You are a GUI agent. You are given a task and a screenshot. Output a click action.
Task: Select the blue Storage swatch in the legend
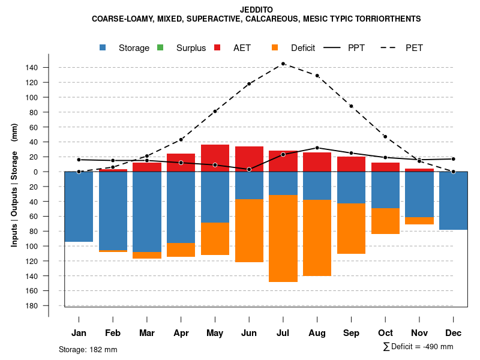(x=103, y=47)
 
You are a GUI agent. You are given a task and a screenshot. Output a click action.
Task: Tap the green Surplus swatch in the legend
(x=160, y=47)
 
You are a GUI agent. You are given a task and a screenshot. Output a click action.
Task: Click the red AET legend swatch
(x=218, y=47)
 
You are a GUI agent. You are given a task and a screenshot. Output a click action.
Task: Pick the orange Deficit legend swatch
(x=275, y=47)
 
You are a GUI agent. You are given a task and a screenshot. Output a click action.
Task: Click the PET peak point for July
(x=283, y=64)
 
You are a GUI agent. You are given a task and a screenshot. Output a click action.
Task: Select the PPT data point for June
(x=249, y=169)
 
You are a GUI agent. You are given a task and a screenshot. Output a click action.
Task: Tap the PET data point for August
(x=317, y=76)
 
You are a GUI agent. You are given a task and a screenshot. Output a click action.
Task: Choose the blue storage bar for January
(x=79, y=206)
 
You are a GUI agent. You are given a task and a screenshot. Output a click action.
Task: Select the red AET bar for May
(x=215, y=158)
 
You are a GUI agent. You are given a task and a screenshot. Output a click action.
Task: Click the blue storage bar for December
(x=454, y=200)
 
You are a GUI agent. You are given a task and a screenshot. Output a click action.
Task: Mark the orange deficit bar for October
(x=385, y=221)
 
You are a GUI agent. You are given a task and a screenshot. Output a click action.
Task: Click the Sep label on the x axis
(x=352, y=333)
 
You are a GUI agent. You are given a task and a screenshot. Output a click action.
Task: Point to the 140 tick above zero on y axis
(x=32, y=67)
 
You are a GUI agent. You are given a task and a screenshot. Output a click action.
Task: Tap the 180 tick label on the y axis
(x=32, y=306)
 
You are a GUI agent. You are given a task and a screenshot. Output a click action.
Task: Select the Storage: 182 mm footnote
(x=88, y=349)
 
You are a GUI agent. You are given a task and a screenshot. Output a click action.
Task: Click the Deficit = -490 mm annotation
(x=418, y=347)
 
